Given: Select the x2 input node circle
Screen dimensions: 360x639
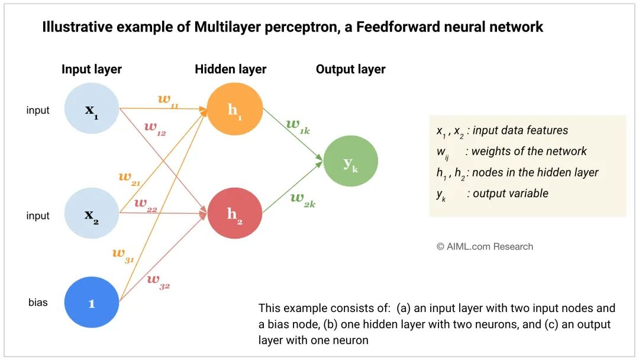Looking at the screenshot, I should (x=92, y=215).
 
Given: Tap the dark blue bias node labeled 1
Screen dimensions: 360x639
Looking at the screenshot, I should (x=92, y=303).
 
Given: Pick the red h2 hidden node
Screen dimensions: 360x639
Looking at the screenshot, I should (x=235, y=213).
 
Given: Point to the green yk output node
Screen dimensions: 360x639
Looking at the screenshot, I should (x=350, y=162).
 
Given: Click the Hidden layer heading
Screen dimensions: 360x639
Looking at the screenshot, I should (x=231, y=69).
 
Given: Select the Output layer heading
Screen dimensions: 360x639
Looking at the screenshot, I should (x=350, y=69).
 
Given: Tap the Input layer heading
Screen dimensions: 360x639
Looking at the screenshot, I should (x=92, y=69).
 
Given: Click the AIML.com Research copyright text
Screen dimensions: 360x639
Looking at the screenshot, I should (x=485, y=246).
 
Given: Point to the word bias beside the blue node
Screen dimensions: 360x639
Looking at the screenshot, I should (x=38, y=303).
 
